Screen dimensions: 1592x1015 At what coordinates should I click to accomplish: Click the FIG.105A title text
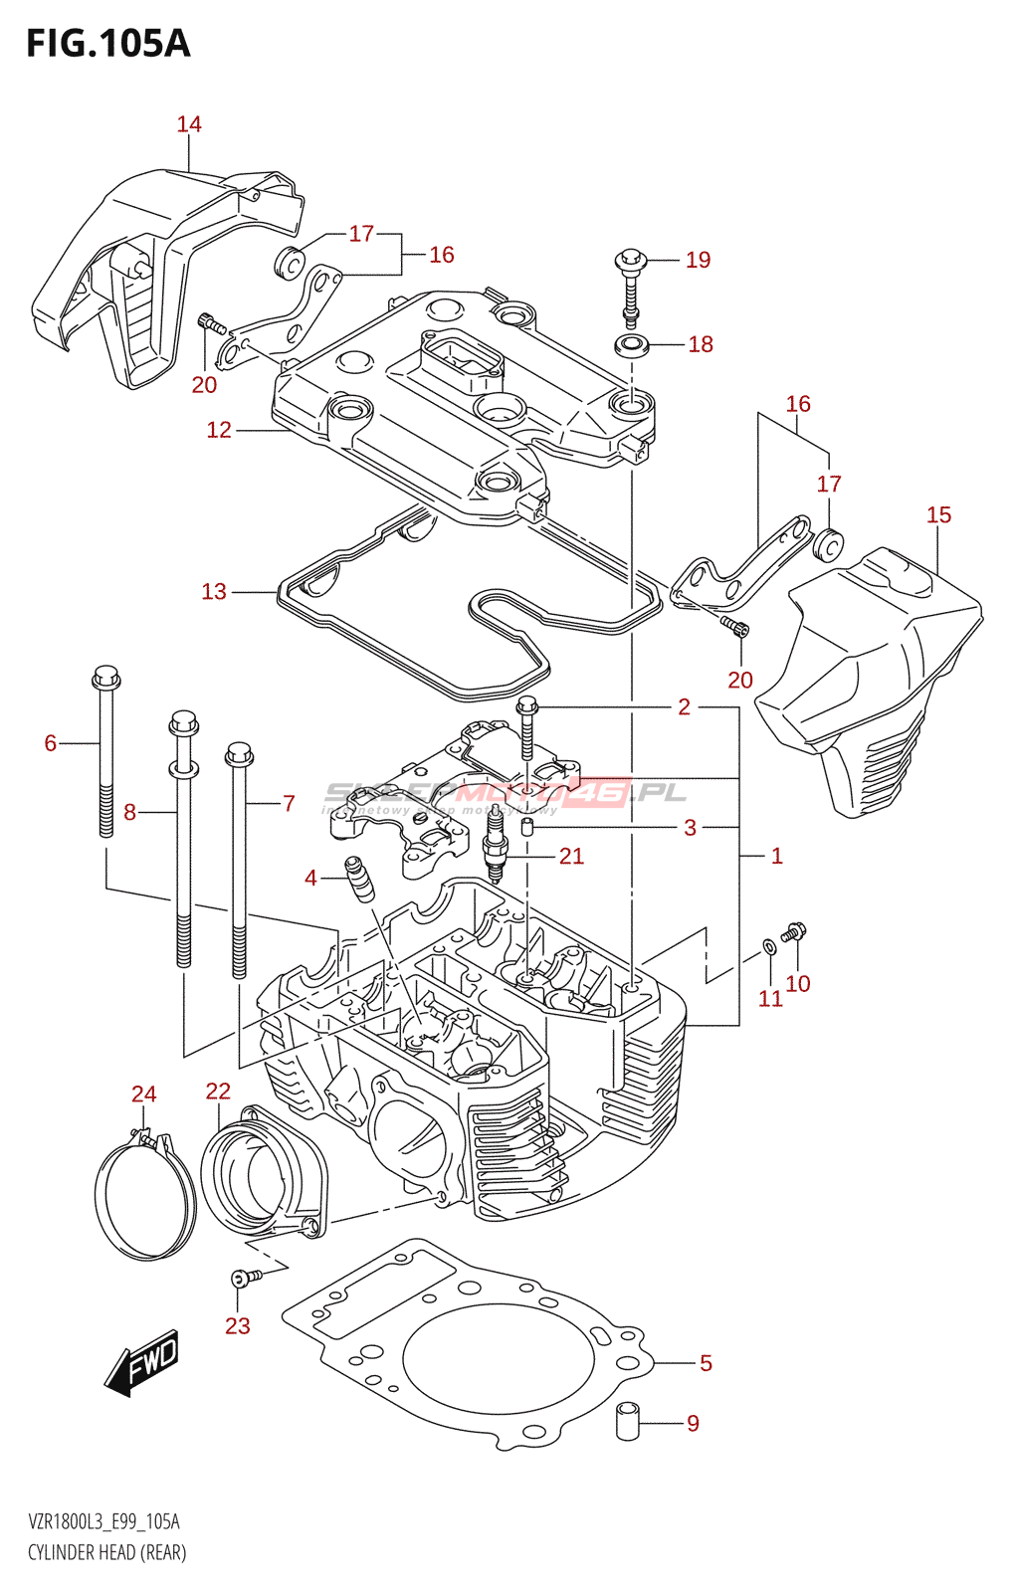point(107,44)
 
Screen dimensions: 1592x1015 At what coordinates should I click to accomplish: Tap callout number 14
point(189,124)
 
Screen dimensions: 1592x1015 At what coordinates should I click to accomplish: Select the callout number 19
point(698,260)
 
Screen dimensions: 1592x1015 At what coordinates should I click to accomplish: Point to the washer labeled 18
point(631,346)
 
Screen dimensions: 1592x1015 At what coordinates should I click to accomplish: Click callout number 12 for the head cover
point(219,430)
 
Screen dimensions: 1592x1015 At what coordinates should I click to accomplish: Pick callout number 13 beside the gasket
point(214,592)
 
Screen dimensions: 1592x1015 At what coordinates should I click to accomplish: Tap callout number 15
point(938,515)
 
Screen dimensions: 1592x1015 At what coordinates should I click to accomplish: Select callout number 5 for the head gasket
point(706,1363)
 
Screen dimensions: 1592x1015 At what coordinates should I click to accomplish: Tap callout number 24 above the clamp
point(144,1094)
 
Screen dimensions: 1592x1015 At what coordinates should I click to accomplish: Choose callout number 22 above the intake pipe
point(218,1092)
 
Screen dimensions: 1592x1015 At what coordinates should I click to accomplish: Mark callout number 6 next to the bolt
point(51,743)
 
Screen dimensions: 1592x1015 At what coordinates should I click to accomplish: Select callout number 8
point(129,813)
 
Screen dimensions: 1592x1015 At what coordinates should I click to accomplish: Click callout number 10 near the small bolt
point(798,984)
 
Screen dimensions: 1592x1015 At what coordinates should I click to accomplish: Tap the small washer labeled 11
point(769,944)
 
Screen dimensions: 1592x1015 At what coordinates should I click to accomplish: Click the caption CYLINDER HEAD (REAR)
point(106,1552)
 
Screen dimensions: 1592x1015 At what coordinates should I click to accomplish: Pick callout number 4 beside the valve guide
point(310,878)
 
